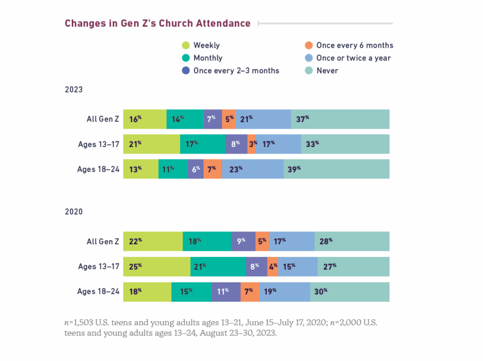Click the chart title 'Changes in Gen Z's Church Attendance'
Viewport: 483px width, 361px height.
[x=157, y=24]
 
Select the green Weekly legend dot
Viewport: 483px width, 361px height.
[x=186, y=45]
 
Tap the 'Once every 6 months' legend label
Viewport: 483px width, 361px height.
[x=354, y=45]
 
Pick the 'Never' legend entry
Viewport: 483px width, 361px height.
[x=327, y=71]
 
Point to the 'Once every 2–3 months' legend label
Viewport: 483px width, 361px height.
[x=236, y=71]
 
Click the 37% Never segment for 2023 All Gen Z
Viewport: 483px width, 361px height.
[x=340, y=119]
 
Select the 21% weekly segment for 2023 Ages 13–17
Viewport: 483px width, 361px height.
[x=152, y=144]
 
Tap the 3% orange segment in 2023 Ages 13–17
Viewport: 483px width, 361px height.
[x=252, y=144]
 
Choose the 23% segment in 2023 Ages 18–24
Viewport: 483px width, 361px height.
[x=252, y=169]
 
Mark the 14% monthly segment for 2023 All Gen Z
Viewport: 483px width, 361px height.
[x=185, y=119]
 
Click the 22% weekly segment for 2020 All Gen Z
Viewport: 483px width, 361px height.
[x=153, y=241]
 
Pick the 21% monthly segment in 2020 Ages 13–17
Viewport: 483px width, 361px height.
[x=218, y=266]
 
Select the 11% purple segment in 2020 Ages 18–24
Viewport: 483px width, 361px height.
[x=226, y=291]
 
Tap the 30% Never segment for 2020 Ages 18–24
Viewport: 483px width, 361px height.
[x=350, y=291]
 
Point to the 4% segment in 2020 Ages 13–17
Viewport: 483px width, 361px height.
[x=272, y=266]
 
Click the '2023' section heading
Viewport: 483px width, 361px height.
[x=74, y=89]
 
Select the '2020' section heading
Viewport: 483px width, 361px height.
[x=74, y=212]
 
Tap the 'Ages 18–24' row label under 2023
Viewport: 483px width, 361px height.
[x=98, y=169]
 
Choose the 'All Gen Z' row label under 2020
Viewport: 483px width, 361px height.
[x=102, y=241]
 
